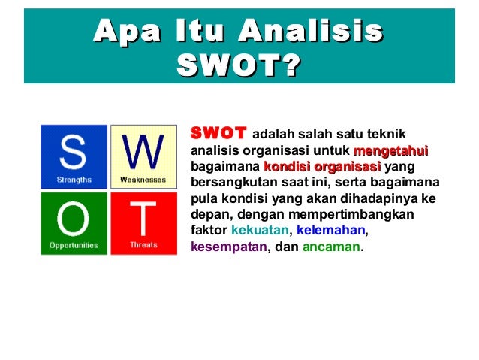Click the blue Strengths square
coord(74,156)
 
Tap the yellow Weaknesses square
coord(143,156)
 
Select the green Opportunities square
coord(74,222)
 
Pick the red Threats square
coord(143,222)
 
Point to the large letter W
coord(143,152)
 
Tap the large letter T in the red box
coord(143,218)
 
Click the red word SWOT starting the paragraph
coord(218,133)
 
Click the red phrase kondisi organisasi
coord(322,167)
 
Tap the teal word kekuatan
coord(261,230)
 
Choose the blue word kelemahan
coord(332,230)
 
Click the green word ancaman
coord(331,246)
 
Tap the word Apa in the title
coord(125,31)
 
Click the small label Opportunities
coord(74,245)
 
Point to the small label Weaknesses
coord(143,180)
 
